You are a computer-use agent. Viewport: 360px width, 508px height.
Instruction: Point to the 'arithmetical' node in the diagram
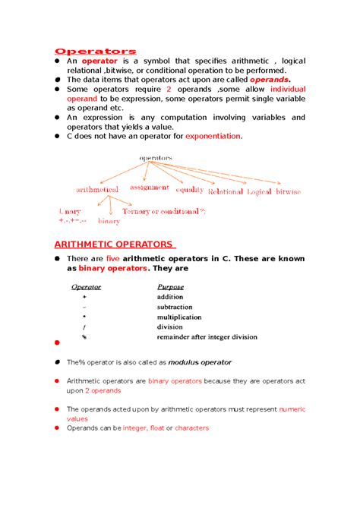click(x=96, y=189)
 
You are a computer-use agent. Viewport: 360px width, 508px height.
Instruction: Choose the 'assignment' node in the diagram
click(x=149, y=187)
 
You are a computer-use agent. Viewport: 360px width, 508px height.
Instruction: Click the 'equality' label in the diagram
click(x=189, y=190)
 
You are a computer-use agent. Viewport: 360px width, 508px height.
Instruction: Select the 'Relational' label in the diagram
click(x=225, y=192)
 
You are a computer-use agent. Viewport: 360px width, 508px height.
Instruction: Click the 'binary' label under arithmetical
click(x=109, y=221)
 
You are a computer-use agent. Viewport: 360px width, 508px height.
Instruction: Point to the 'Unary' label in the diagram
click(x=70, y=211)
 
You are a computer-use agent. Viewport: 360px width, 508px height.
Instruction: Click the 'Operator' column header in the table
click(x=85, y=287)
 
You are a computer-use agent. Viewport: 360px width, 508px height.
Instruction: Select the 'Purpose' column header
click(x=170, y=287)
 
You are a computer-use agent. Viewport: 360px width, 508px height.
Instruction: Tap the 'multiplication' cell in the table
click(x=179, y=317)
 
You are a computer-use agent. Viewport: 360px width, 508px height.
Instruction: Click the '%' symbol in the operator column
click(x=84, y=336)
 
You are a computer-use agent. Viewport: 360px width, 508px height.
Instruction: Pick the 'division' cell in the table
click(x=170, y=327)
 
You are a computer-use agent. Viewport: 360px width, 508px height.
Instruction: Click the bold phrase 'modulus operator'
click(x=200, y=362)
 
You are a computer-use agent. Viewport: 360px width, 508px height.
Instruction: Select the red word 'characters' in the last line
click(x=191, y=428)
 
